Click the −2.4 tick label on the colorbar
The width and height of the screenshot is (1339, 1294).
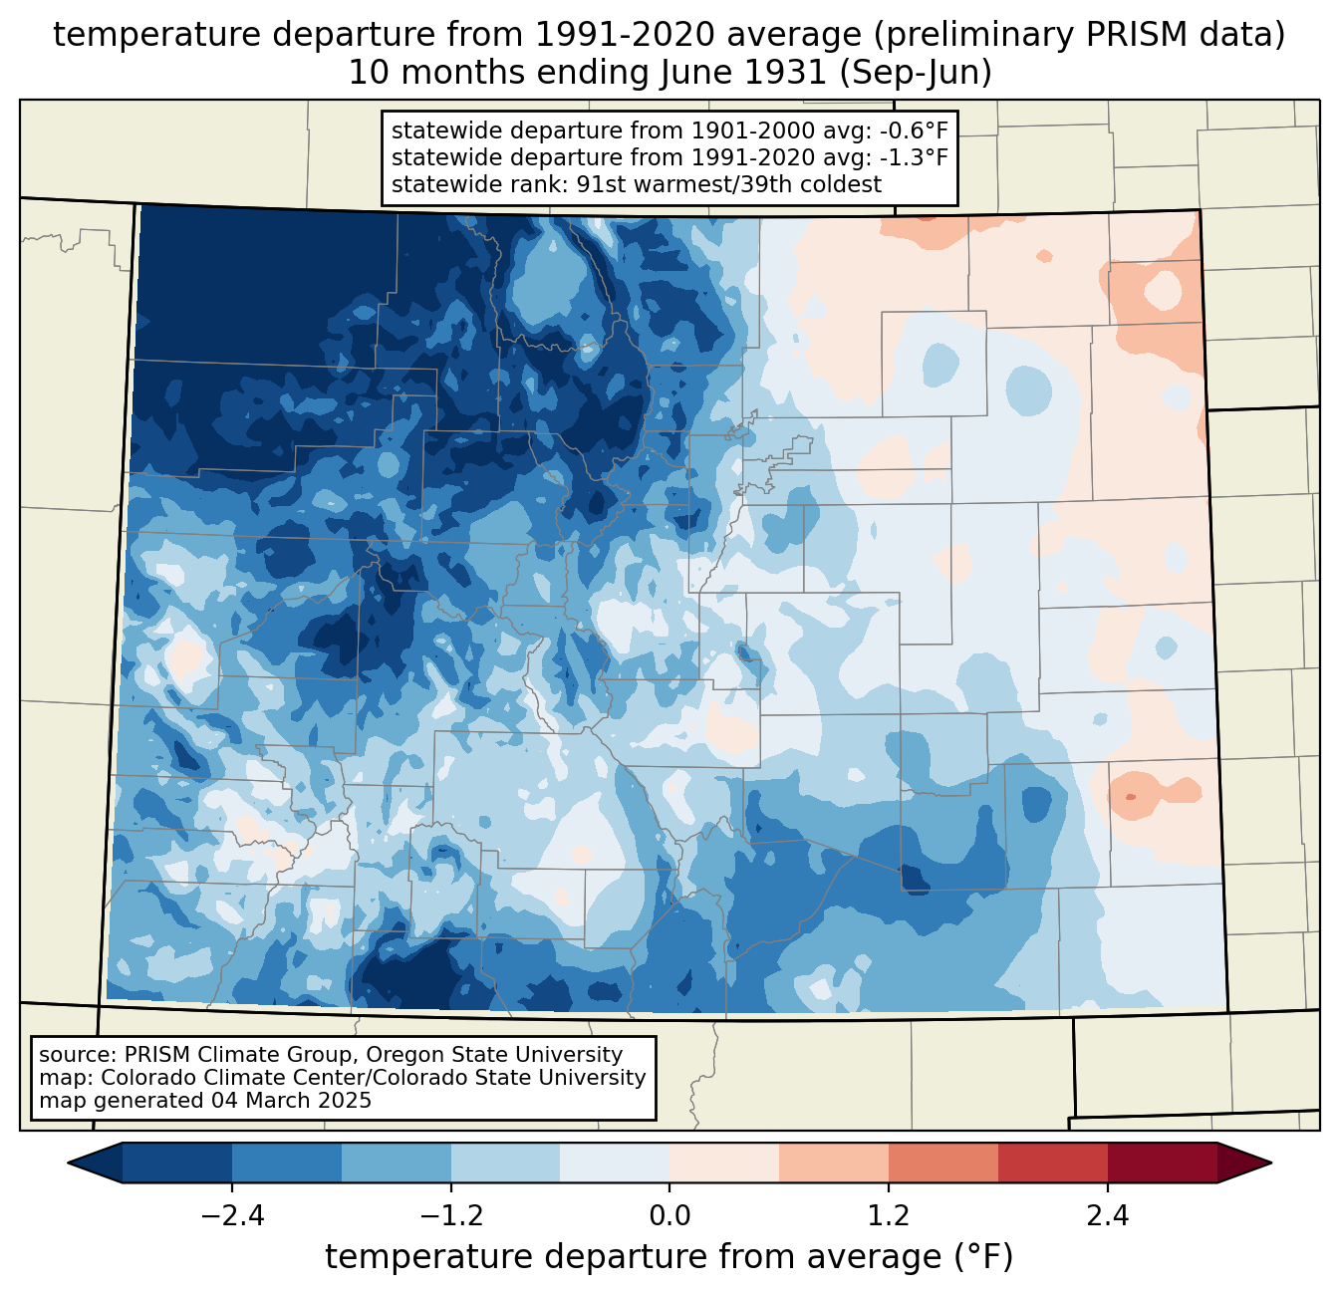click(x=232, y=1216)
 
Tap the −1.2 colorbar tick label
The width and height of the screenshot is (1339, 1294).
click(x=451, y=1216)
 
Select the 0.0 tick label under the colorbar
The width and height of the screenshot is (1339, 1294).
click(x=669, y=1216)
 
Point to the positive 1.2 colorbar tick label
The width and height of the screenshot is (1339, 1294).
click(x=889, y=1216)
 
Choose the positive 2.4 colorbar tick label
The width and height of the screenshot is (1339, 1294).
click(x=1108, y=1216)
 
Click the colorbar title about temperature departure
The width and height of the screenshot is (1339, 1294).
click(x=669, y=1257)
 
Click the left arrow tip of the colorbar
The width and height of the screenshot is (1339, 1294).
click(x=69, y=1164)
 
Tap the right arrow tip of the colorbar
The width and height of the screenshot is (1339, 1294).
click(x=1271, y=1164)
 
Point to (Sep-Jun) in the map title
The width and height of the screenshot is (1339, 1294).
click(x=916, y=74)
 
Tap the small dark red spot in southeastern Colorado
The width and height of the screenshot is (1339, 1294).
click(x=1129, y=797)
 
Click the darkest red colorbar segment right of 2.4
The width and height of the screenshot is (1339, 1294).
click(x=1163, y=1164)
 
